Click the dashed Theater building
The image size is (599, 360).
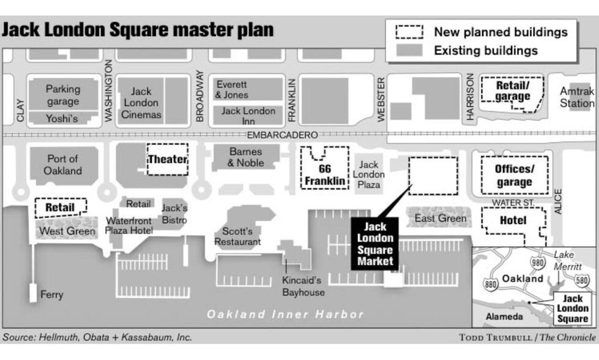pyautogui.click(x=168, y=159)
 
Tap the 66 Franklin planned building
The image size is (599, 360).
pyautogui.click(x=325, y=168)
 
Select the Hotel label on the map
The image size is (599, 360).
pyautogui.click(x=513, y=220)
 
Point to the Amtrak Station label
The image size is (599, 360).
pyautogui.click(x=577, y=97)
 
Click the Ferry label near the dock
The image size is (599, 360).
pyautogui.click(x=51, y=294)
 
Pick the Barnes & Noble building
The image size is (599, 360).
pyautogui.click(x=246, y=157)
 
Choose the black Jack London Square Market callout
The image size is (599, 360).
pyautogui.click(x=374, y=244)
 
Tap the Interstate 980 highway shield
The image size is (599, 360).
pyautogui.click(x=537, y=263)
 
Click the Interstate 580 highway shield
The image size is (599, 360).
pyautogui.click(x=581, y=280)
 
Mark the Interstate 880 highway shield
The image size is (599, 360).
pyautogui.click(x=491, y=284)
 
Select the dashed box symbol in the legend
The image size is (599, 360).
pyautogui.click(x=409, y=32)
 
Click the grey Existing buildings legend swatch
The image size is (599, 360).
pyautogui.click(x=409, y=50)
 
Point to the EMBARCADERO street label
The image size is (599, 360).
pyautogui.click(x=282, y=135)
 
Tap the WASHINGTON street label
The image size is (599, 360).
pyautogui.click(x=109, y=91)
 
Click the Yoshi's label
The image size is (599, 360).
pyautogui.click(x=62, y=119)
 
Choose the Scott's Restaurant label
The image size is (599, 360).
pyautogui.click(x=237, y=236)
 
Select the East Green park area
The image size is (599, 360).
pyautogui.click(x=439, y=218)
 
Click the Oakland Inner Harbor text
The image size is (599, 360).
pyautogui.click(x=285, y=314)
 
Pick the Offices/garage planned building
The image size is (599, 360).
pyautogui.click(x=515, y=175)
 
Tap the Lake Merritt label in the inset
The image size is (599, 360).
pyautogui.click(x=568, y=261)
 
